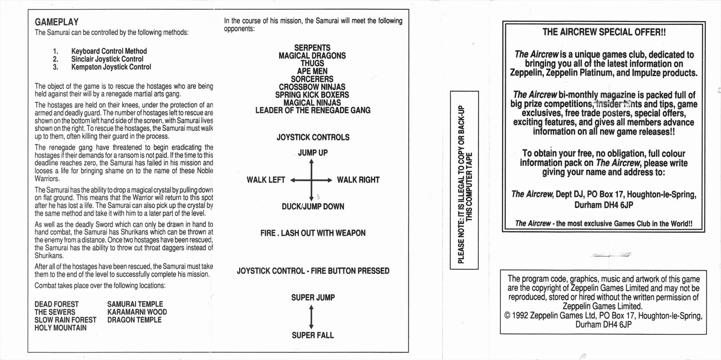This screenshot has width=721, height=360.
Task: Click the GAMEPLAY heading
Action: (56, 22)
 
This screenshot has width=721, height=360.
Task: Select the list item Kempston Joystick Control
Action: (111, 67)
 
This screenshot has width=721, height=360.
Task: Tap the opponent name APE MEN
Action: (312, 71)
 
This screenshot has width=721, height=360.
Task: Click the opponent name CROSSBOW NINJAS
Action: (312, 87)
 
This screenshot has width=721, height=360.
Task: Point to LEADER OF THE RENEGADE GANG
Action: (313, 110)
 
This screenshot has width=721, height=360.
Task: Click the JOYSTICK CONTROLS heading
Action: (313, 137)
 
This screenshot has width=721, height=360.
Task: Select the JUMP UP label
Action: (313, 152)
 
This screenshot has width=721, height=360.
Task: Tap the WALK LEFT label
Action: (266, 180)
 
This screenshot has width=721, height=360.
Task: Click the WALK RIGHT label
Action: (358, 180)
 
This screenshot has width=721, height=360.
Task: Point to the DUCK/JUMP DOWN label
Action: (313, 206)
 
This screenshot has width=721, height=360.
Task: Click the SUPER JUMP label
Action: (313, 298)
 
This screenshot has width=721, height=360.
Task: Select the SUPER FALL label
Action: (312, 335)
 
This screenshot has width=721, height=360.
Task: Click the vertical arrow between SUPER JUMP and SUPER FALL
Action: (312, 317)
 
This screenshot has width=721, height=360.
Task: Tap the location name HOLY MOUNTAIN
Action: (60, 328)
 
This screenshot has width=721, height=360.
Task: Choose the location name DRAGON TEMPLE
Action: (134, 320)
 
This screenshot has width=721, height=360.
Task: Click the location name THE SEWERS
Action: (55, 312)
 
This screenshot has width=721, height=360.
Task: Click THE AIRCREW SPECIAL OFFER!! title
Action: (604, 32)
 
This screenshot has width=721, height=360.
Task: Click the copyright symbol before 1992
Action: (507, 316)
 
